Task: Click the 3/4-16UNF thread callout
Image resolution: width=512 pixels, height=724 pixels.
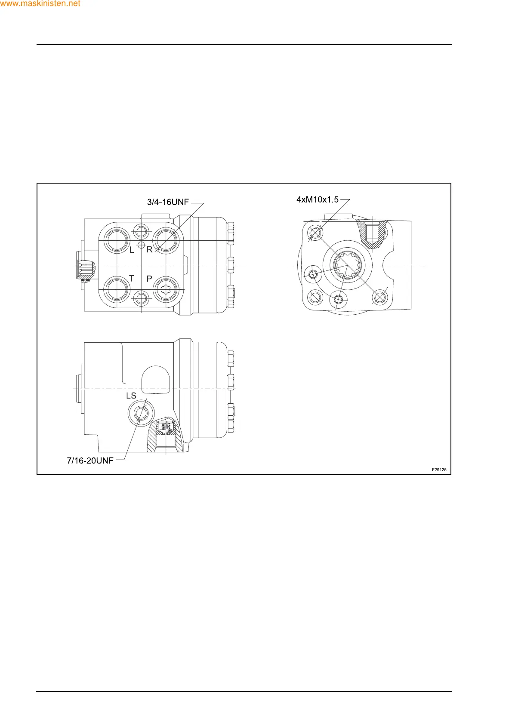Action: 168,202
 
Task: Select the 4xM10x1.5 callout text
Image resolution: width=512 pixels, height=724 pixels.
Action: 317,199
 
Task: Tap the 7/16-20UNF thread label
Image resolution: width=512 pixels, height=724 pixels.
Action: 90,460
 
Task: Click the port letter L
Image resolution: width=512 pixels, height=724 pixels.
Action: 132,250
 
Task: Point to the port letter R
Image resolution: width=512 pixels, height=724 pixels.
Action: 149,249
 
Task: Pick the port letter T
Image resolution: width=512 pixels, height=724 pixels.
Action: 132,278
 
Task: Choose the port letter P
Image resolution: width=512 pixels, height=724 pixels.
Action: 149,279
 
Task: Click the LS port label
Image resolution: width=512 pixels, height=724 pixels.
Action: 131,396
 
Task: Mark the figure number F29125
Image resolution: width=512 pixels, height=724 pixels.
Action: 439,469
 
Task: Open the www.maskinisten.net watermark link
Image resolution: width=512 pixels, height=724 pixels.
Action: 40,3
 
